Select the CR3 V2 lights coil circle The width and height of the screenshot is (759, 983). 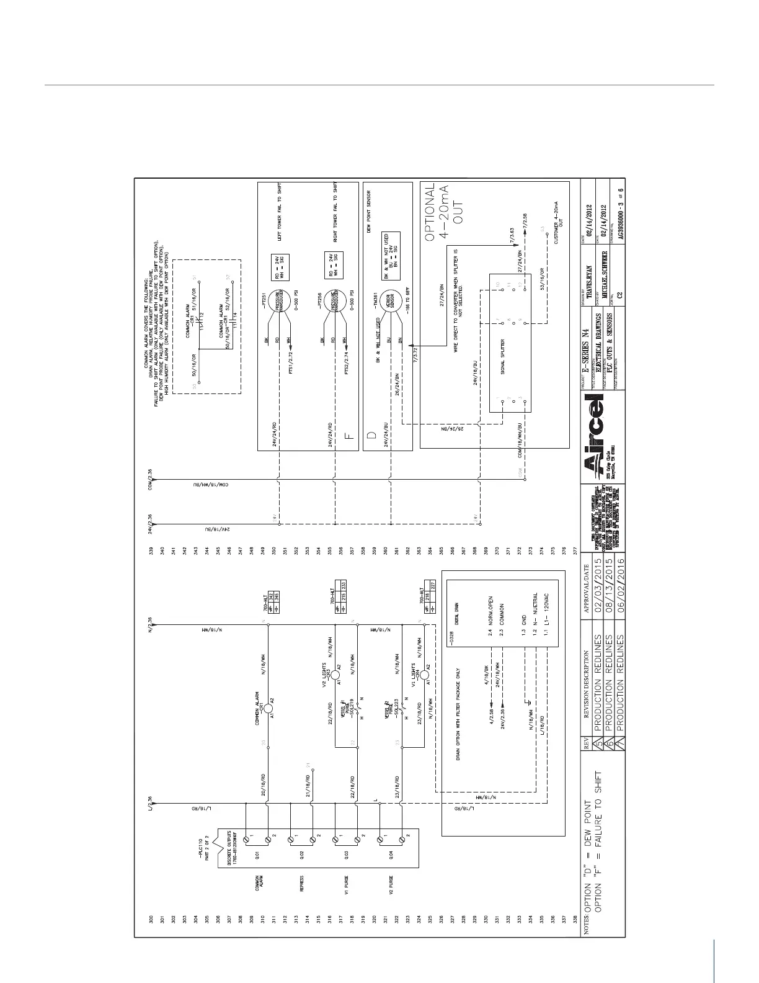tap(335, 675)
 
